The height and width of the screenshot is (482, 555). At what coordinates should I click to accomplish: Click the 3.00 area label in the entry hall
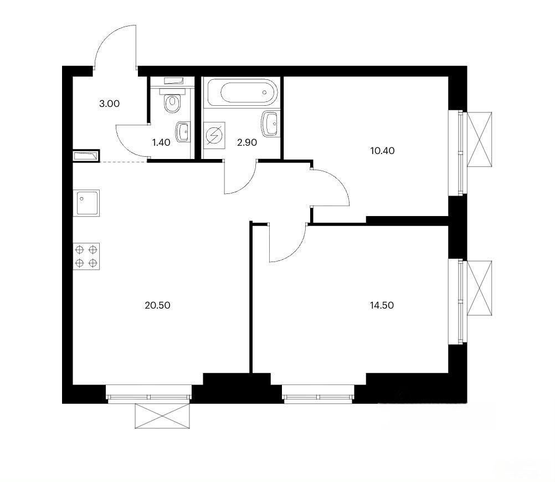coord(109,104)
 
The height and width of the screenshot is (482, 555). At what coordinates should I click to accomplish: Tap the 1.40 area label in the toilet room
coord(161,142)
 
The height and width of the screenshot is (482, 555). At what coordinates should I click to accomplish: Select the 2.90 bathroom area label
coord(247,142)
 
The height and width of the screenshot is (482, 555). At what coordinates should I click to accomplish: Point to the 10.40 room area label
coord(382,151)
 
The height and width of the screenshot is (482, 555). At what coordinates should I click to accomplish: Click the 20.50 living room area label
coord(157,305)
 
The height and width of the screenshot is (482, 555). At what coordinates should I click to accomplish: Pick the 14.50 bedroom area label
coord(382,305)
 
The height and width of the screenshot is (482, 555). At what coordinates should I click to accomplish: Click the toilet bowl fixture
coord(172,101)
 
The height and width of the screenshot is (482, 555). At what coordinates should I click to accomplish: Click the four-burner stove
coord(86,257)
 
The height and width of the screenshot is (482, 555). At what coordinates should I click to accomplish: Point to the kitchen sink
coord(86,203)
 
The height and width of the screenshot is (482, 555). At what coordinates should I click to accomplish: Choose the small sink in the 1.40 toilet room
coord(183,132)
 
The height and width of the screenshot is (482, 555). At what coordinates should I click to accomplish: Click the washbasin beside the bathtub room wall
coord(270,124)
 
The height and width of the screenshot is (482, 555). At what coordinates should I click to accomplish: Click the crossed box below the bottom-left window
coord(162,416)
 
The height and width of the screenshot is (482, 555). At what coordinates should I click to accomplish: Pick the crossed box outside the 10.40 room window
coord(480,139)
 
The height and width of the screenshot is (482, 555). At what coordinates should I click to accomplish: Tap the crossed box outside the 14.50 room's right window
coord(480,288)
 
